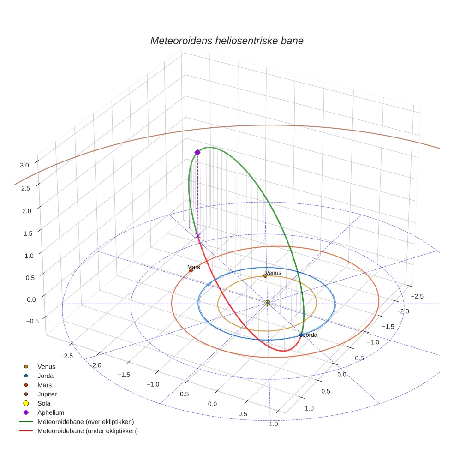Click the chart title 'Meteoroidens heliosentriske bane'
click(x=227, y=41)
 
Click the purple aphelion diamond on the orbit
click(x=197, y=152)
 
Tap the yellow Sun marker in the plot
click(x=268, y=303)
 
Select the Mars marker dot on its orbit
click(x=191, y=271)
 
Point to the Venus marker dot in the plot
click(x=265, y=276)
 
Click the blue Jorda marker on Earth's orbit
click(x=301, y=335)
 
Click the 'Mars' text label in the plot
click(x=194, y=267)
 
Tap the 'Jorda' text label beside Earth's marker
click(x=310, y=335)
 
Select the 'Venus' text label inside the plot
click(x=273, y=273)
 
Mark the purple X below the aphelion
click(x=198, y=236)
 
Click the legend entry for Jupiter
click(x=47, y=394)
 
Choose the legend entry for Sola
click(x=44, y=403)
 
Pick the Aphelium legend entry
click(x=50, y=412)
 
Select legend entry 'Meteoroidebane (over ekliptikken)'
click(x=85, y=422)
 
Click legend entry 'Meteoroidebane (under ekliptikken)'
click(x=87, y=431)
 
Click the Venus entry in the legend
click(x=46, y=366)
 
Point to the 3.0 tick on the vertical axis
click(x=24, y=165)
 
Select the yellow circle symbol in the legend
click(x=26, y=403)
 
